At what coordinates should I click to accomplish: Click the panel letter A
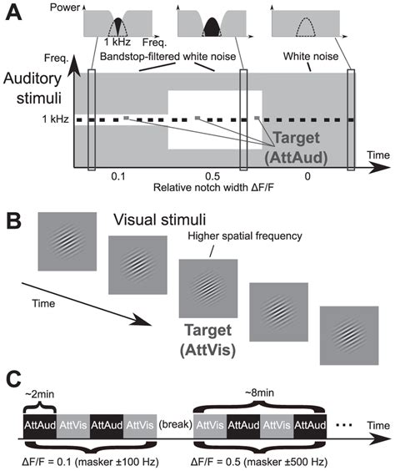(16, 16)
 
